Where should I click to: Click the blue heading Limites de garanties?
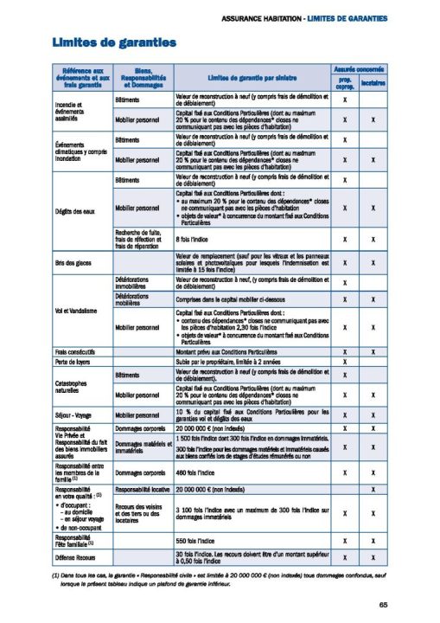point(102,42)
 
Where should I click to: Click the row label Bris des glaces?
point(74,262)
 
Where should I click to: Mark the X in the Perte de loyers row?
point(344,362)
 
